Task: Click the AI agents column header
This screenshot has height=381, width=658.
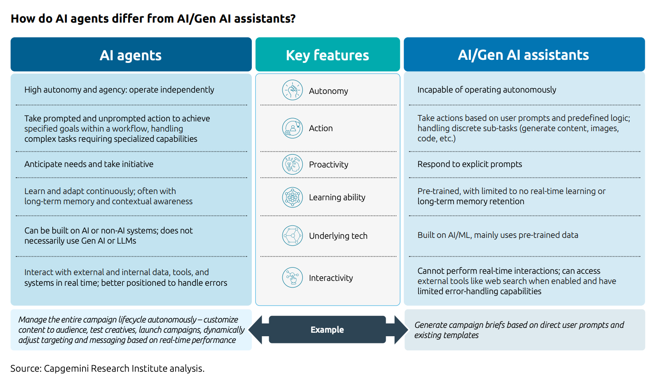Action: (131, 55)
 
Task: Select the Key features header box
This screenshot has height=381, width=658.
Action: (327, 55)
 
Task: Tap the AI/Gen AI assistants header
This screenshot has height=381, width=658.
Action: (524, 55)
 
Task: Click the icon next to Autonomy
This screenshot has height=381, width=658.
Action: (293, 90)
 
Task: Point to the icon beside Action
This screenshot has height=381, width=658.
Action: (293, 128)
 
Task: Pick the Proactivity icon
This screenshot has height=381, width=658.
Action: (293, 164)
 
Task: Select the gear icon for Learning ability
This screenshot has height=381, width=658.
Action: (293, 197)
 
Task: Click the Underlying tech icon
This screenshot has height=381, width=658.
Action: (293, 236)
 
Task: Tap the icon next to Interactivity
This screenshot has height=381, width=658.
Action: (293, 278)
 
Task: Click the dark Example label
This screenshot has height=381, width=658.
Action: (327, 330)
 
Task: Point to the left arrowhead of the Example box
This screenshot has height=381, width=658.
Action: (256, 330)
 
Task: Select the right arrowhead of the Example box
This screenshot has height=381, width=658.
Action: (400, 330)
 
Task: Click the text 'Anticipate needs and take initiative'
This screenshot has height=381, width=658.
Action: (89, 164)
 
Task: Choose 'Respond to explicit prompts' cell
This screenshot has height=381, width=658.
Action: (470, 164)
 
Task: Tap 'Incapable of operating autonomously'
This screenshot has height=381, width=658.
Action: (486, 90)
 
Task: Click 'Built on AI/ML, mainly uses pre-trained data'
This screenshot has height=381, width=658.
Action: (497, 235)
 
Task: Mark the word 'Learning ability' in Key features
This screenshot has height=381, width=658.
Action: (337, 198)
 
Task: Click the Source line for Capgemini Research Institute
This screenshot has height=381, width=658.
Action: (107, 369)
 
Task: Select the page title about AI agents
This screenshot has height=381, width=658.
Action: (153, 19)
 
